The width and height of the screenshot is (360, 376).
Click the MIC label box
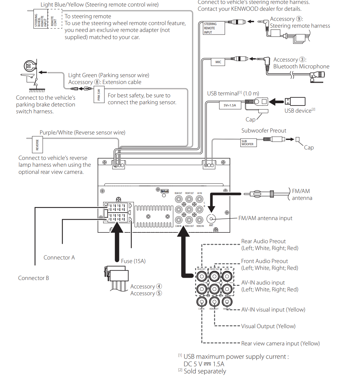tap(218, 62)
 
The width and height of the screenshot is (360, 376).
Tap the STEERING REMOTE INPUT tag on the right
tap(211, 28)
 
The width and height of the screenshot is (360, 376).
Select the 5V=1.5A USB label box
tap(230, 105)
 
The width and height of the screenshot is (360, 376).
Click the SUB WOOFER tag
tap(248, 143)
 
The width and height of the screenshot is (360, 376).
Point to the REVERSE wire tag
tap(37, 145)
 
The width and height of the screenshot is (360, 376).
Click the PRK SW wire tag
tap(99, 95)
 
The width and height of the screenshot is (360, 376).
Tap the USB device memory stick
tap(295, 101)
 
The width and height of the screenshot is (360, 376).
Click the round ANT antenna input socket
tap(211, 219)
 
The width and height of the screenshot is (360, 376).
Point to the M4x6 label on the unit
tap(165, 191)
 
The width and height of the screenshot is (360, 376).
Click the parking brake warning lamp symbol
tap(29, 66)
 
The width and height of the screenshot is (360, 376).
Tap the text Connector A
tap(59, 258)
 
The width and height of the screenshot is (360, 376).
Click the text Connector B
tap(33, 278)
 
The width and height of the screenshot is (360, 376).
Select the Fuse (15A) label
tap(133, 261)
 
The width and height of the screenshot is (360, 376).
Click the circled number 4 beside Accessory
tap(159, 286)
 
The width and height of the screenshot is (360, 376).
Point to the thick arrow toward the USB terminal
tap(276, 102)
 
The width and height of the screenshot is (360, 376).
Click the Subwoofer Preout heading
tap(264, 131)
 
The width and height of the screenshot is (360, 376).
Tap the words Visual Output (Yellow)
tap(268, 326)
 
